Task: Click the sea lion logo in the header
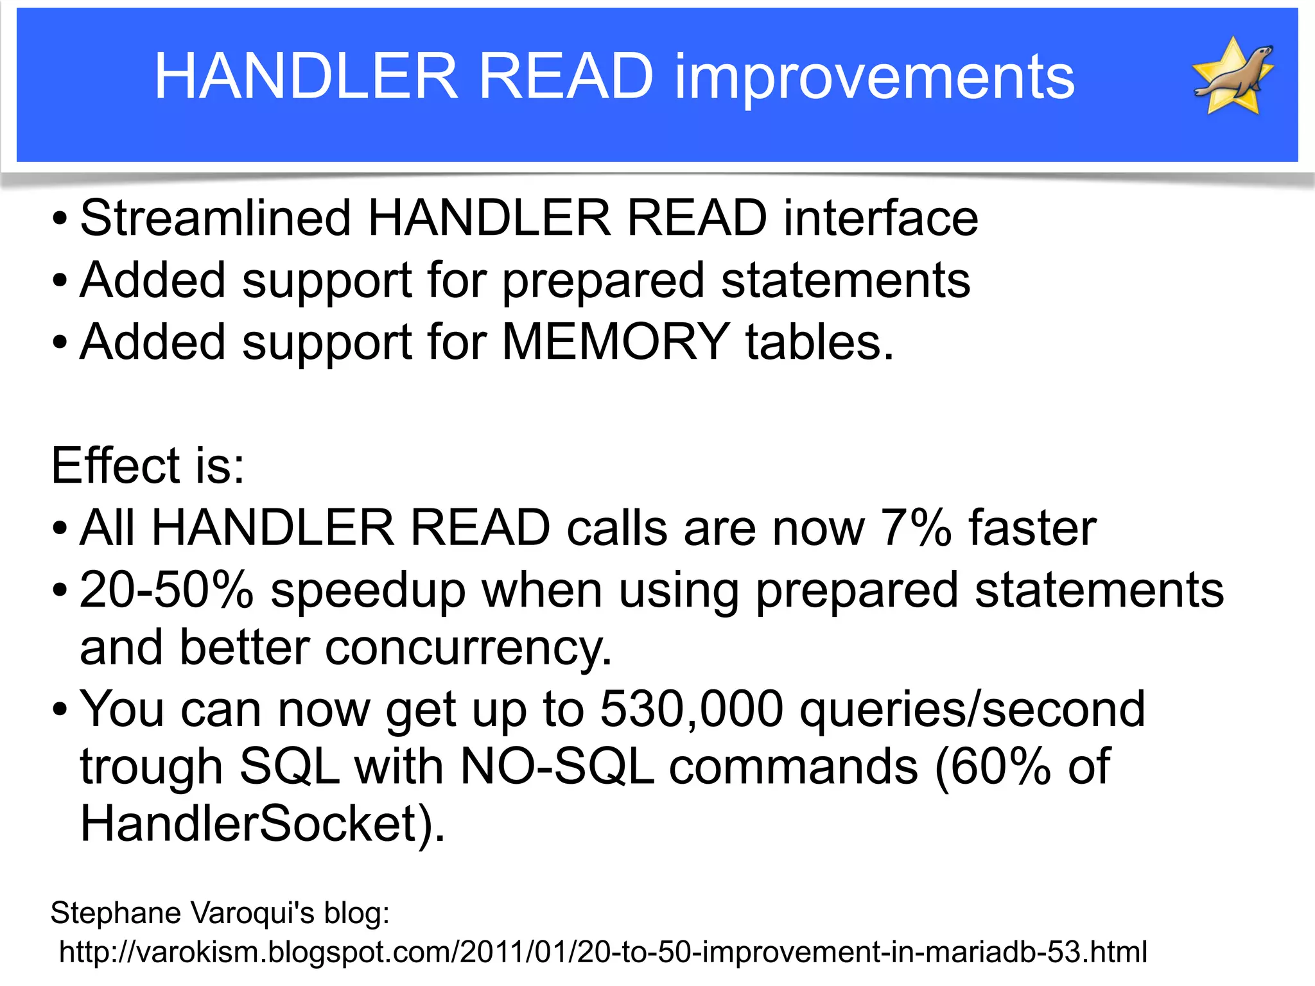pyautogui.click(x=1233, y=76)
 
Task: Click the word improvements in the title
pyautogui.click(x=874, y=76)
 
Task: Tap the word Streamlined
pyautogui.click(x=215, y=218)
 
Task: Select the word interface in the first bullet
pyautogui.click(x=880, y=218)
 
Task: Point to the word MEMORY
pyautogui.click(x=615, y=342)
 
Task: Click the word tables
pyautogui.click(x=819, y=342)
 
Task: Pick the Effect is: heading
pyautogui.click(x=148, y=465)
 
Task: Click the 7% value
pyautogui.click(x=916, y=528)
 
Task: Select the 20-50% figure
pyautogui.click(x=167, y=590)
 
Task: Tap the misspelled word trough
pyautogui.click(x=151, y=768)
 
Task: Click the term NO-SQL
pyautogui.click(x=557, y=766)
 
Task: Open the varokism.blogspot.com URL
pyautogui.click(x=602, y=952)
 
